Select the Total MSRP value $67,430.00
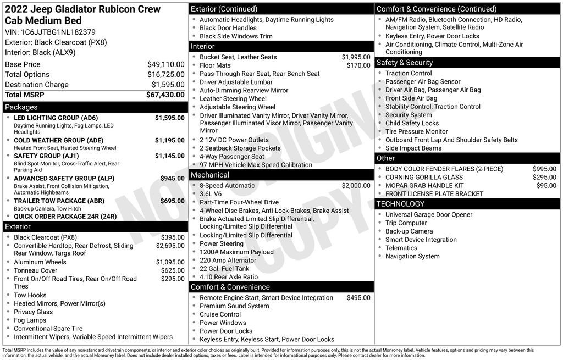click(x=165, y=95)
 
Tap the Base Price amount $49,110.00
click(x=165, y=64)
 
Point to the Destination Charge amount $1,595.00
click(x=168, y=85)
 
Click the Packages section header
click(x=21, y=107)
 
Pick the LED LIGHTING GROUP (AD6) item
click(x=56, y=118)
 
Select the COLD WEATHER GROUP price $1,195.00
click(x=169, y=140)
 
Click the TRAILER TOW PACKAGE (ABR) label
click(x=59, y=201)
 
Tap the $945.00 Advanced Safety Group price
click(x=172, y=179)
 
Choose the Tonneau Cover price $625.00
click(x=172, y=270)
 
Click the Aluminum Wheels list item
click(x=40, y=262)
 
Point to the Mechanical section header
click(x=209, y=175)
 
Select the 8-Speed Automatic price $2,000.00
click(x=356, y=186)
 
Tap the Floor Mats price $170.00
click(x=358, y=65)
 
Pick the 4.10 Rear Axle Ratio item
click(x=228, y=277)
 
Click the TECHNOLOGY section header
click(x=401, y=204)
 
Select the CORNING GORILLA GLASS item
click(x=424, y=177)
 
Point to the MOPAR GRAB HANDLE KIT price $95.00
click(x=546, y=186)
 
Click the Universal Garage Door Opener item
click(x=428, y=215)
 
